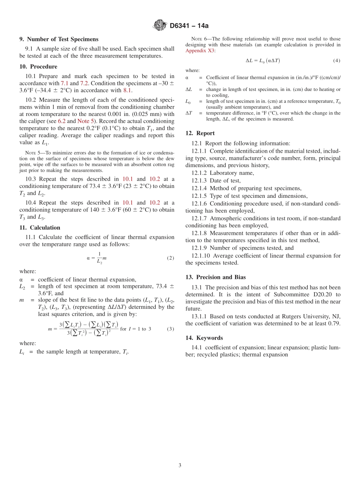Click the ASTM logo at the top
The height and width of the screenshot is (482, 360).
click(160, 25)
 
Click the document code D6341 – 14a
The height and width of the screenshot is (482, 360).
click(189, 26)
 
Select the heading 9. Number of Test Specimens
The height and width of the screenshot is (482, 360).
click(59, 39)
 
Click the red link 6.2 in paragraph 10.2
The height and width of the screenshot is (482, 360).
click(62, 121)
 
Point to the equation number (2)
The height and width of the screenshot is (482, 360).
click(171, 258)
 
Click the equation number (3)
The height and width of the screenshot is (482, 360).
click(171, 329)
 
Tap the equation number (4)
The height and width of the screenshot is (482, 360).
click(337, 61)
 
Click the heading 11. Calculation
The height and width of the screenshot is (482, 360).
click(40, 227)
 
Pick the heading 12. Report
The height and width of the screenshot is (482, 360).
click(200, 133)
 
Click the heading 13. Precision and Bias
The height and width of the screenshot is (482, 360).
click(216, 277)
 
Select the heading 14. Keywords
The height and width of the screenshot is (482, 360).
click(204, 338)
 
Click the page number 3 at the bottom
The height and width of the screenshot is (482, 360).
click(180, 465)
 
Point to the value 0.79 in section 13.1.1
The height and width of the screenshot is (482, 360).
click(334, 323)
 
